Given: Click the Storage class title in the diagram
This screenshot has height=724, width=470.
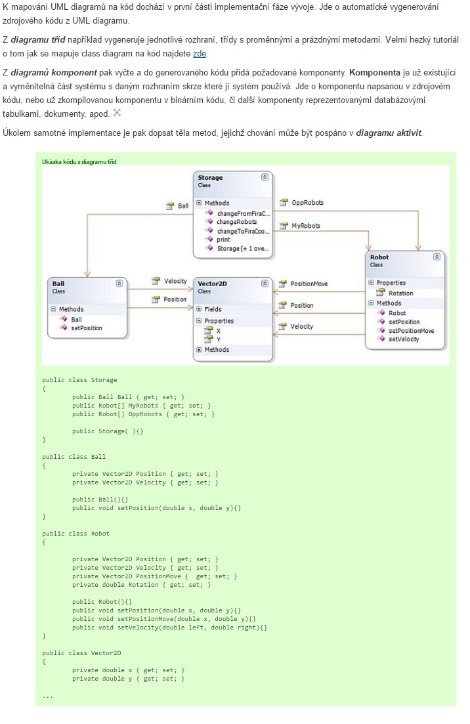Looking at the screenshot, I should [x=210, y=177].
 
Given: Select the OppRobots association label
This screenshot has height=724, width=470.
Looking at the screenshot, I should [x=307, y=203].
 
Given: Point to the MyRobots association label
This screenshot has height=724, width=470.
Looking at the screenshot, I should [x=305, y=226].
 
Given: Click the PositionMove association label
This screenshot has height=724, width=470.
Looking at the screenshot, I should [x=309, y=284].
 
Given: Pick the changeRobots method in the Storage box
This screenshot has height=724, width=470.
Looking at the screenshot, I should [x=236, y=222].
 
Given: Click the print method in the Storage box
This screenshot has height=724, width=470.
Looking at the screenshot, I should [x=223, y=240].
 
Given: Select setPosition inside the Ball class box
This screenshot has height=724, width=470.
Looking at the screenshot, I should [x=86, y=328].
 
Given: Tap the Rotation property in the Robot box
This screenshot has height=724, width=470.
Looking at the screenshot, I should [x=400, y=293].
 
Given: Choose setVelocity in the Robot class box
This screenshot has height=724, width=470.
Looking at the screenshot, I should [x=403, y=339].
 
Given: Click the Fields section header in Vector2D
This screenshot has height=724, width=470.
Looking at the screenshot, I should [x=213, y=309].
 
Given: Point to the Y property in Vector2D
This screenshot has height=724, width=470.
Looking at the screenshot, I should [x=219, y=339].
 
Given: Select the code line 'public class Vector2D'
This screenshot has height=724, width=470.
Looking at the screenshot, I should [x=81, y=653].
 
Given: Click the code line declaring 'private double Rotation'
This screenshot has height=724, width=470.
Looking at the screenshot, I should [x=141, y=585].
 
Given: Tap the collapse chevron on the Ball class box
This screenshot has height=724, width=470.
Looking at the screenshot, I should [x=119, y=283].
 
